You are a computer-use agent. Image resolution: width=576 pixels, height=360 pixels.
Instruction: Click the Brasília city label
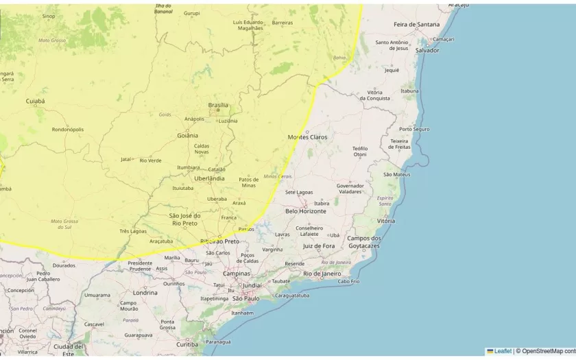218,105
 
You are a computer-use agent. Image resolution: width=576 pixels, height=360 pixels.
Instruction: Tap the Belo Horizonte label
306,211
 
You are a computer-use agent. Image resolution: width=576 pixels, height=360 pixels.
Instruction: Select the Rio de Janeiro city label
322,274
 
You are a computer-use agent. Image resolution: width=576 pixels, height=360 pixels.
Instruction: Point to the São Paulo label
245,298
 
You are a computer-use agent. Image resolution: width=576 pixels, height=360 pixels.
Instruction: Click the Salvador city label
427,50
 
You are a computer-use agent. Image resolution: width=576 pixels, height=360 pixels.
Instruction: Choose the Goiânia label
187,135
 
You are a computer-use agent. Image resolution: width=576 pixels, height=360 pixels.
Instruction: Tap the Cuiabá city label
35,101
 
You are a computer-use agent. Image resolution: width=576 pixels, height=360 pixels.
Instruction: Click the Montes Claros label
307,137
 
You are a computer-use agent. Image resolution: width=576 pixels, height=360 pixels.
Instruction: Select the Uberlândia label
209,178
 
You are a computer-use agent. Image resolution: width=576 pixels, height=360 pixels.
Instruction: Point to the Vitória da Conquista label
379,95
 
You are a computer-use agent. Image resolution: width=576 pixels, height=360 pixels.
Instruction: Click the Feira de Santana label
416,24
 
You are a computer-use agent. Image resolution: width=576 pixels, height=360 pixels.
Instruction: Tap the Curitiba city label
187,344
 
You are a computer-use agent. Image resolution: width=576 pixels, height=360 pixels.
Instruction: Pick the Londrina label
145,292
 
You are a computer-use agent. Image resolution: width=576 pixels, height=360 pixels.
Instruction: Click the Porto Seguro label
414,129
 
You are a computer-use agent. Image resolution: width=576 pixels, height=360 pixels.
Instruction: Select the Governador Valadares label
350,189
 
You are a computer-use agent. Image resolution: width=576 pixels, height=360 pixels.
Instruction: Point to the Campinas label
236,273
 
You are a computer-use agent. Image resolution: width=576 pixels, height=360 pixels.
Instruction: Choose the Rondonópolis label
68,129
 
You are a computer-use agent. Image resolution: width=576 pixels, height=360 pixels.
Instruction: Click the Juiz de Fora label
319,245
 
